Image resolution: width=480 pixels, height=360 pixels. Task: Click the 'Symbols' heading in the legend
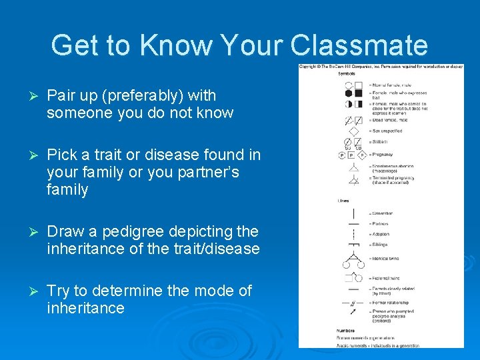click(346, 73)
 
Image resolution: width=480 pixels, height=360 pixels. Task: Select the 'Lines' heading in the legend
click(344, 200)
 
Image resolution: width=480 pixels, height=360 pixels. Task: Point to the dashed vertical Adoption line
click(352, 235)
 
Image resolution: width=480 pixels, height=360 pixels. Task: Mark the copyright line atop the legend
click(381, 67)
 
